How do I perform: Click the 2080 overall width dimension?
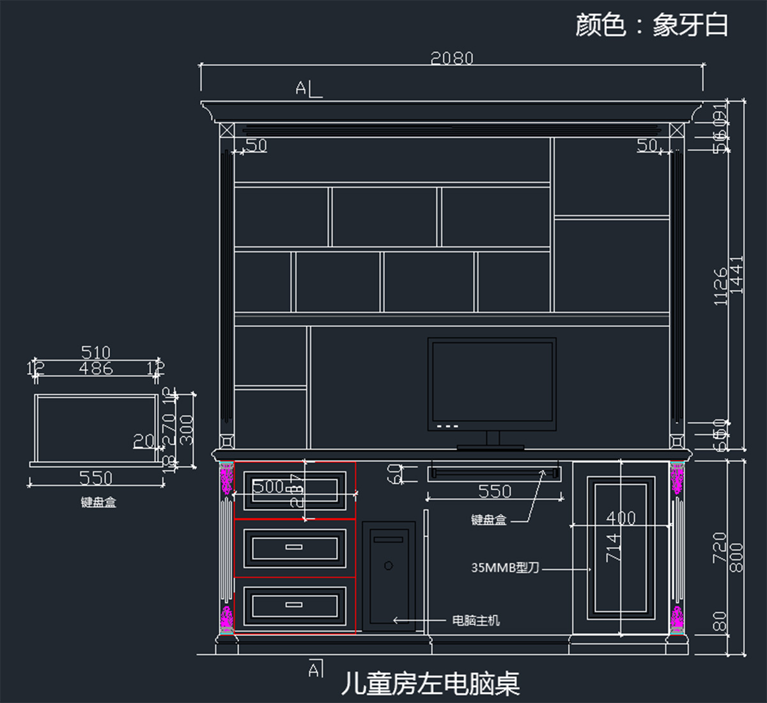(x=451, y=59)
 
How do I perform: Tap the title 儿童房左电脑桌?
(x=430, y=684)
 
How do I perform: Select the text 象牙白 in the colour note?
(x=690, y=26)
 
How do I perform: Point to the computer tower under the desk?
(x=389, y=577)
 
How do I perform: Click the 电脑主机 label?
(x=476, y=620)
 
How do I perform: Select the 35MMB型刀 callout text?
(x=505, y=568)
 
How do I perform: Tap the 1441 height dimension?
(x=737, y=275)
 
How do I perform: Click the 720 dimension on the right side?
(x=720, y=547)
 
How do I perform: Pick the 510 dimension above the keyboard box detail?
(x=96, y=352)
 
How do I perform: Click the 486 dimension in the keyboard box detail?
(x=96, y=368)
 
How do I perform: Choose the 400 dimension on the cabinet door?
(x=621, y=518)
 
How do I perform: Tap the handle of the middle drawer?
(x=294, y=547)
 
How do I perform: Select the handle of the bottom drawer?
(x=294, y=604)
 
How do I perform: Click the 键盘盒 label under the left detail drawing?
(x=98, y=503)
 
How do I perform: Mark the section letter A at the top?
(x=301, y=88)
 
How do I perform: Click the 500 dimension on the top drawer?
(x=268, y=487)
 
